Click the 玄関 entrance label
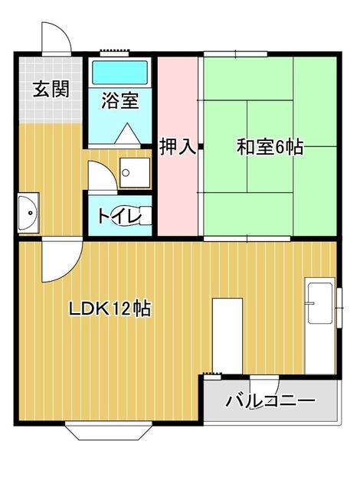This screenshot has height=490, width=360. pos(51,89)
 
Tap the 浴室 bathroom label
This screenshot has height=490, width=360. pos(120,100)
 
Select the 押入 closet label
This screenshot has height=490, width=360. pos(178,147)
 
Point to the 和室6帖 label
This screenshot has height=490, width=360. pos(269,147)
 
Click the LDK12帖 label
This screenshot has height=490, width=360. pos(110,309)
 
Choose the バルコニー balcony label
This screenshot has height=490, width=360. pos(270,401)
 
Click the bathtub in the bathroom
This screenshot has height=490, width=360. pos(120,73)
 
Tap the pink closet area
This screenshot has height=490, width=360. pos(178,191)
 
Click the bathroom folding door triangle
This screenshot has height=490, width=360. pos(126,135)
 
